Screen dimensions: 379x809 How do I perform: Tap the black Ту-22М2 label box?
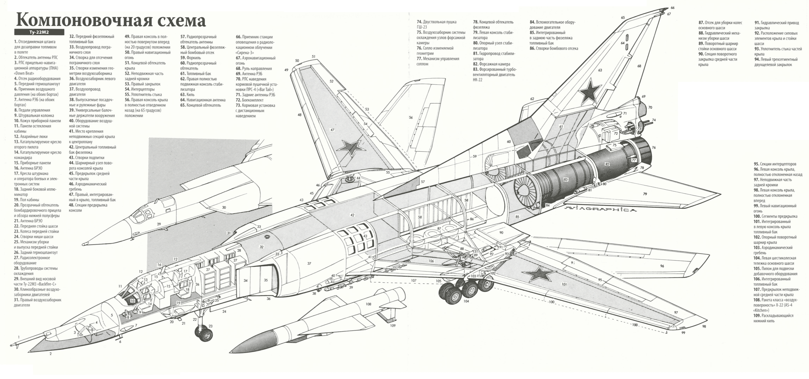click(x=39, y=32)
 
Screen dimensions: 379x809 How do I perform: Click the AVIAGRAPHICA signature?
click(x=600, y=209)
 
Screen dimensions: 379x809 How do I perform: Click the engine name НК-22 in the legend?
click(x=478, y=80)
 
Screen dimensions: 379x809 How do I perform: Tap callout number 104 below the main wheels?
click(x=466, y=301)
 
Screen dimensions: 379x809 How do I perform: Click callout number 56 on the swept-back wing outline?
click(x=411, y=117)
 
